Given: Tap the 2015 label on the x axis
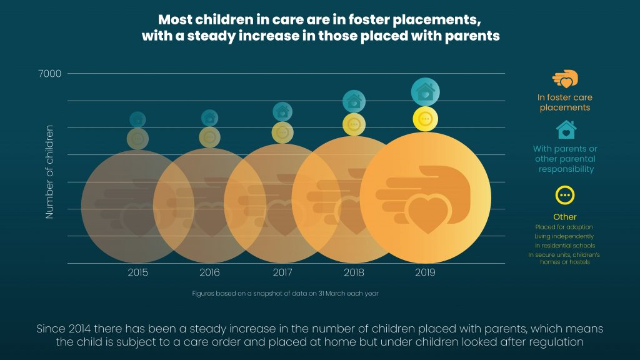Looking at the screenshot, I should coord(138,272).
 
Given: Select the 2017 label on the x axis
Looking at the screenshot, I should coord(283,272).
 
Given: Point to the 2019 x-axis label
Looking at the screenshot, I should coord(425,272).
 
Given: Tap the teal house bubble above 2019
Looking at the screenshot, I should coord(425,92).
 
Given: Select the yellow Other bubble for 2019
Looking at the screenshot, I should coord(425,119).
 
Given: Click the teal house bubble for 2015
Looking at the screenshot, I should coord(138,119).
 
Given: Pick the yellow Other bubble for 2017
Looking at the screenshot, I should coord(283,132).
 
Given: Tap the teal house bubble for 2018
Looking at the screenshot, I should coord(354,101).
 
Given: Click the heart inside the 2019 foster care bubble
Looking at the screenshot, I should coord(428,213).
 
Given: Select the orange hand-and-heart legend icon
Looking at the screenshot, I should coord(565,79).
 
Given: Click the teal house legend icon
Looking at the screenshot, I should coord(566,130).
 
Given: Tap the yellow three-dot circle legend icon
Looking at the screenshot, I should coord(565,196).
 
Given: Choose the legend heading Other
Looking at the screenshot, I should coord(565,217).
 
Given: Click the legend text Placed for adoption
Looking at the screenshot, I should coord(564,227).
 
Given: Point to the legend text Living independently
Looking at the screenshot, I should coord(564,236).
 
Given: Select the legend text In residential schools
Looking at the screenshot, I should coord(564,246).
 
